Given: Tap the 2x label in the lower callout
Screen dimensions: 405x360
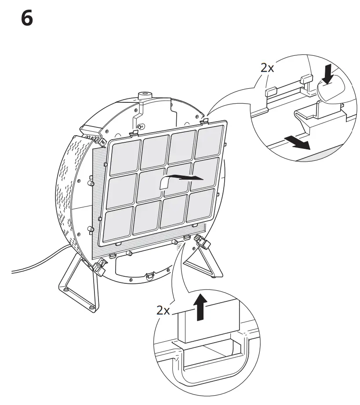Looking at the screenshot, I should point(163,311).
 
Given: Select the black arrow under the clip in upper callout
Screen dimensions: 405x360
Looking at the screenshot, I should point(297,142).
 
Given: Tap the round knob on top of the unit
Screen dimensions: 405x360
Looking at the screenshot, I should point(145,95).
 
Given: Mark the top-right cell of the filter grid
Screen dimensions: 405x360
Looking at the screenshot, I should point(208,141).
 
